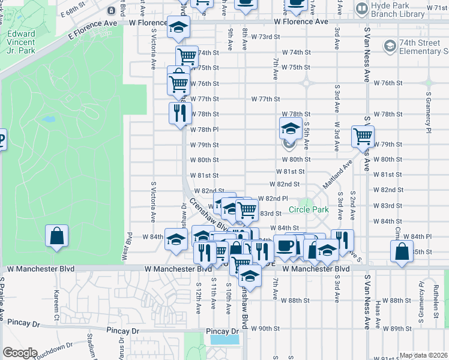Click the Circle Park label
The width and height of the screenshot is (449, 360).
(x=308, y=209)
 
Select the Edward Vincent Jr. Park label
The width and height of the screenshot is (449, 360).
(x=21, y=43)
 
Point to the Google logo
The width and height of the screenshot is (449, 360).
(x=20, y=352)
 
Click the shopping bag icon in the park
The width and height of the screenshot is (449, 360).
(x=56, y=235)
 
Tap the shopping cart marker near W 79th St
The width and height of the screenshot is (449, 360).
(x=362, y=137)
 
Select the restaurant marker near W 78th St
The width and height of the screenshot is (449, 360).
(x=179, y=112)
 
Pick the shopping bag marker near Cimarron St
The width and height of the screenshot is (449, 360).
(x=401, y=250)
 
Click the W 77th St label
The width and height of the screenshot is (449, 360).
(x=265, y=98)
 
